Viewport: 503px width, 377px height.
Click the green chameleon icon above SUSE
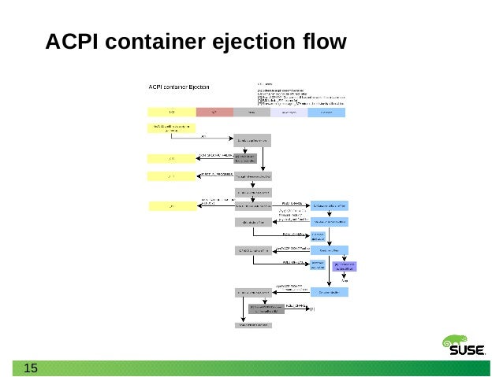coord(456,342)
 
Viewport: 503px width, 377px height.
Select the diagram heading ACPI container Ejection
coord(179,87)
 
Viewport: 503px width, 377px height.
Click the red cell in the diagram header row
coord(214,113)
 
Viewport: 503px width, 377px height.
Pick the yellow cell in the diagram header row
coord(171,113)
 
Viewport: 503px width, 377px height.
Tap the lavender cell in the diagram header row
coord(289,113)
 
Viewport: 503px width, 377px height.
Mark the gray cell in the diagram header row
coord(251,113)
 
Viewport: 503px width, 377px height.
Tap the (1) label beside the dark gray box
coord(311,309)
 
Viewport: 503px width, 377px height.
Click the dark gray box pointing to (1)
coord(266,309)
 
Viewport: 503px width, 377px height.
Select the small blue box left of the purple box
coord(318,265)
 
